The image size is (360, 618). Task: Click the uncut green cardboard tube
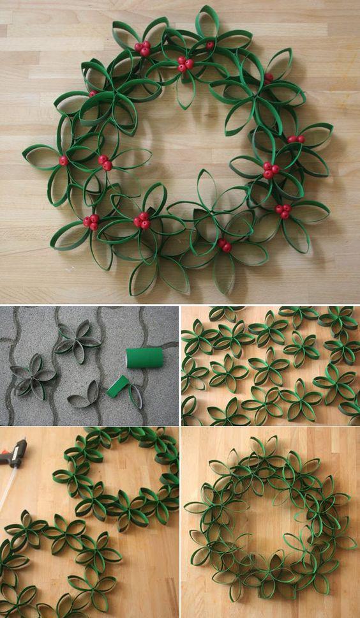pos(144,358)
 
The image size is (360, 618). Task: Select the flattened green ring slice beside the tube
pos(118,386)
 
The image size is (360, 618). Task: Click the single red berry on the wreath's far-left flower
pos(63,161)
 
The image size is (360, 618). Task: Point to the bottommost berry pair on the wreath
pos(224,245)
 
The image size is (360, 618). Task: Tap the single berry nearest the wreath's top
pos(210,45)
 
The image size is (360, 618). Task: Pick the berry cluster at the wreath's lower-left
pos(91,222)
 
